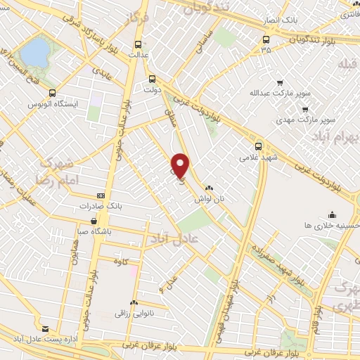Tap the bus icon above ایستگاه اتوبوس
tap(53, 93)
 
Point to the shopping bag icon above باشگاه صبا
tap(94, 221)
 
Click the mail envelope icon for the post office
tap(46, 328)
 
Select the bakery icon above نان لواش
tap(209, 188)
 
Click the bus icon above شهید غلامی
tap(259, 146)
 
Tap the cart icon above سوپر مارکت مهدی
tap(304, 110)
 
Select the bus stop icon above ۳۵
tap(265, 39)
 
